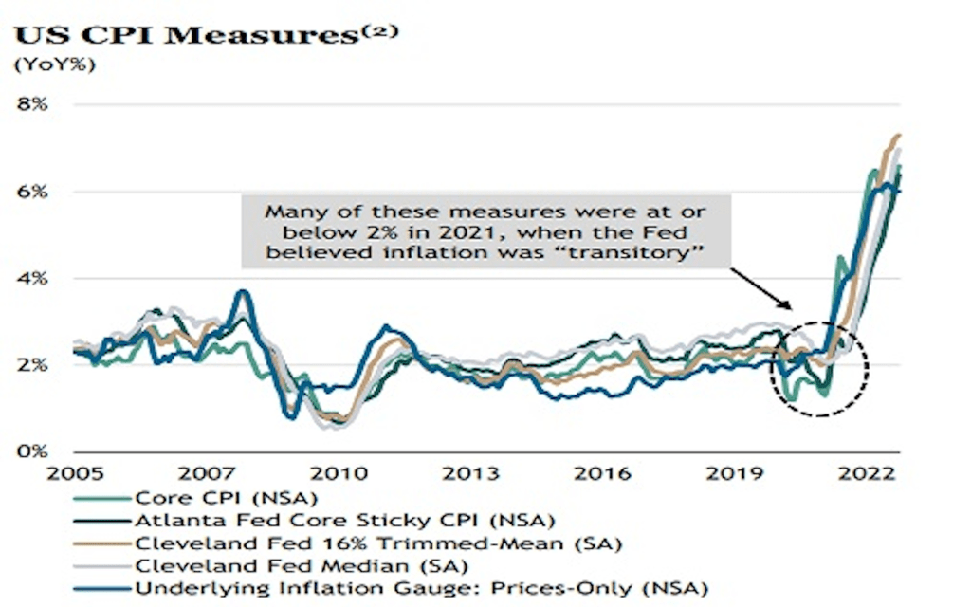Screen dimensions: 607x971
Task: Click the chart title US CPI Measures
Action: tap(190, 36)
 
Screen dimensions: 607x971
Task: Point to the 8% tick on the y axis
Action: tap(32, 104)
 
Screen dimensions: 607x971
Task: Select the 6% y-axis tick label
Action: tap(32, 192)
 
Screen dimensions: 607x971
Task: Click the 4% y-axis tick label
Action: tap(32, 279)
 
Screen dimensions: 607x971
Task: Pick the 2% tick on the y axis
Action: tap(32, 365)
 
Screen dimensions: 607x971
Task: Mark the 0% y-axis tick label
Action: tap(32, 451)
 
